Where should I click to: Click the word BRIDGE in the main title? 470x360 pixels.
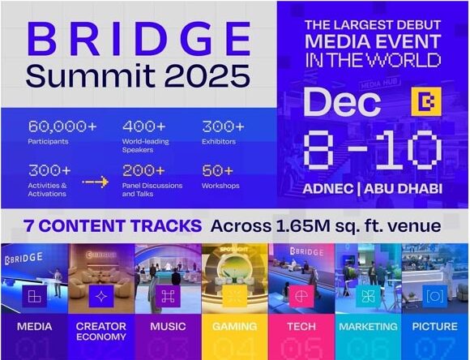pyautogui.click(x=139, y=39)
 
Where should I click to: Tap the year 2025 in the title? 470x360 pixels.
pyautogui.click(x=207, y=76)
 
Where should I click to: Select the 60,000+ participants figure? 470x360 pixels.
pyautogui.click(x=62, y=126)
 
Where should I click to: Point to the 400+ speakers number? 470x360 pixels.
pyautogui.click(x=144, y=126)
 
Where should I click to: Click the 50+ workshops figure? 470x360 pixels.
pyautogui.click(x=218, y=171)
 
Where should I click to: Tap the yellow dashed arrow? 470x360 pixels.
pyautogui.click(x=95, y=182)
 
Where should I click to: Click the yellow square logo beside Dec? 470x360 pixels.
pyautogui.click(x=426, y=101)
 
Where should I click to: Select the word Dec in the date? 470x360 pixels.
pyautogui.click(x=342, y=102)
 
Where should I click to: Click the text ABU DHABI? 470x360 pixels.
pyautogui.click(x=404, y=189)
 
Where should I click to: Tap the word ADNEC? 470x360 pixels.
pyautogui.click(x=328, y=189)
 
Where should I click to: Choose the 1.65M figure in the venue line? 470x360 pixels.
pyautogui.click(x=303, y=226)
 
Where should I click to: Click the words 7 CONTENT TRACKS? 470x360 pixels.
pyautogui.click(x=113, y=226)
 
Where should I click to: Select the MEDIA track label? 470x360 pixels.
pyautogui.click(x=35, y=327)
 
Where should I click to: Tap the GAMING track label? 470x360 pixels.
pyautogui.click(x=235, y=327)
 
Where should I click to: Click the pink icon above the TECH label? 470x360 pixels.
pyautogui.click(x=301, y=297)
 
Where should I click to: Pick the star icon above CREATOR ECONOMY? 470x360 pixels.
pyautogui.click(x=101, y=297)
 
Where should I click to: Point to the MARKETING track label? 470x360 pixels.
pyautogui.click(x=368, y=327)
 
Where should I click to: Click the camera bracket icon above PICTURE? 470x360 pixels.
pyautogui.click(x=435, y=297)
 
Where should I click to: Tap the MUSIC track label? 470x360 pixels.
pyautogui.click(x=168, y=327)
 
